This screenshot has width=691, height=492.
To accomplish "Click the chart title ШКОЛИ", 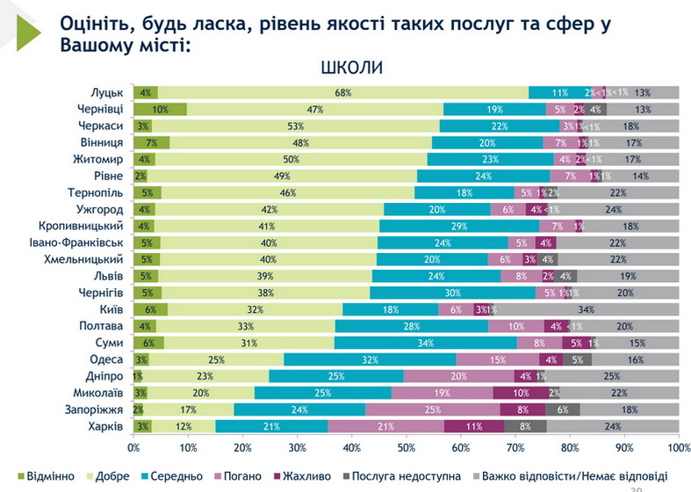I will tap(352, 69).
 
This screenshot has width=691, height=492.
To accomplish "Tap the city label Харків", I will tap(110, 426).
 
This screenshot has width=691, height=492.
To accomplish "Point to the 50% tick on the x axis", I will tap(407, 448).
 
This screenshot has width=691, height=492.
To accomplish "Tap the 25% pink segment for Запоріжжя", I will tap(433, 409).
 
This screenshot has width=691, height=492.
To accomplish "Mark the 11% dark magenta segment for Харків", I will tap(474, 426).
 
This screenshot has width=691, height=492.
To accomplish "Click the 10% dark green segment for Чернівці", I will tap(160, 109).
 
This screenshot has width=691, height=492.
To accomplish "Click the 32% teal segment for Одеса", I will tap(371, 359).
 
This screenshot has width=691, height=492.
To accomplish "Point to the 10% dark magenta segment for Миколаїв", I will tap(521, 393).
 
